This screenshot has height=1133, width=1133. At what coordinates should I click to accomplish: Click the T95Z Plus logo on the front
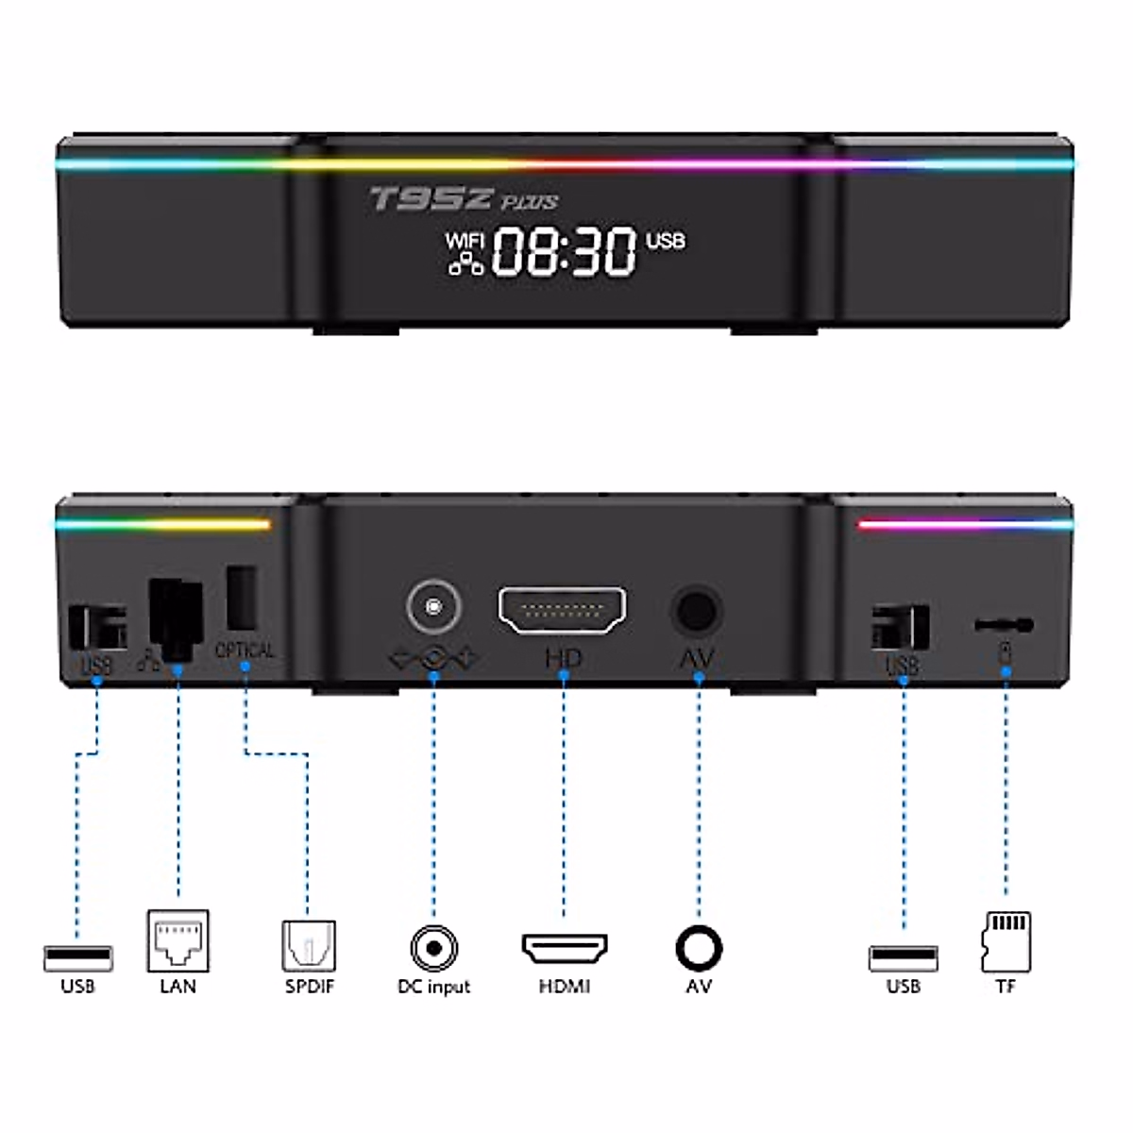(463, 199)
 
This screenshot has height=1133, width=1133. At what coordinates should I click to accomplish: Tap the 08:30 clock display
(564, 252)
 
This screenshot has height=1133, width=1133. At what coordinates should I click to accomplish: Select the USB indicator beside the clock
(666, 242)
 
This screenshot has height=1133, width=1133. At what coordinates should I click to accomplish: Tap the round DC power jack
(434, 606)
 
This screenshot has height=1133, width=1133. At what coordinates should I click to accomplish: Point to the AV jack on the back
(697, 611)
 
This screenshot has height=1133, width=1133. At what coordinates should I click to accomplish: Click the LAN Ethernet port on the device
(177, 618)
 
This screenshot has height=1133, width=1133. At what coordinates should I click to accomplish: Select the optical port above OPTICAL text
(242, 597)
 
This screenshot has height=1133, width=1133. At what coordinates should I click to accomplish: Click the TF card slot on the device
(1004, 625)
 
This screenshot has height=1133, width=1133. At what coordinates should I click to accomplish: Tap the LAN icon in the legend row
(178, 940)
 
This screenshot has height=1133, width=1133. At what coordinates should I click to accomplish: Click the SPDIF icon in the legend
(309, 945)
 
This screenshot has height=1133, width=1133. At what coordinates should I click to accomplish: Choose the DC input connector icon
(434, 948)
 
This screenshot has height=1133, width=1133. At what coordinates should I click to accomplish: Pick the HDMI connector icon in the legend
(565, 948)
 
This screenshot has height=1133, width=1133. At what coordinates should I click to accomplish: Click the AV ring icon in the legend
(699, 948)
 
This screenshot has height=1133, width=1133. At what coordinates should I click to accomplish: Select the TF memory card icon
(1006, 941)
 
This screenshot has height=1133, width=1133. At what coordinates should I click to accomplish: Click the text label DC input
(434, 987)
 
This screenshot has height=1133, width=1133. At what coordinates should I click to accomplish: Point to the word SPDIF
(310, 987)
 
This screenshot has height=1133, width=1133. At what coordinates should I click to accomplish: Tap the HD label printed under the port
(564, 658)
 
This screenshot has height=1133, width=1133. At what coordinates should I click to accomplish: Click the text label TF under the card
(1006, 987)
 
